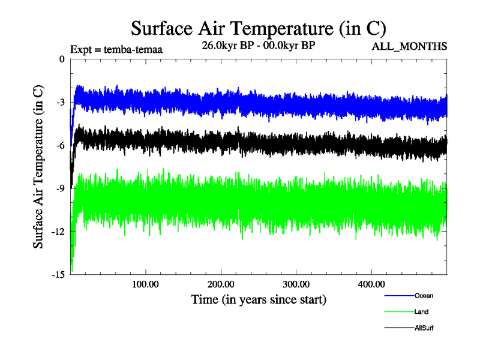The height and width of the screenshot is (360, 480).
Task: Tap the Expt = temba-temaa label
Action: click(116, 50)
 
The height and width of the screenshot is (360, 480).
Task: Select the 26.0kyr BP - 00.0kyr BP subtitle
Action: click(259, 46)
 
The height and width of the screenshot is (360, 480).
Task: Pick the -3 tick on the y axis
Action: click(59, 102)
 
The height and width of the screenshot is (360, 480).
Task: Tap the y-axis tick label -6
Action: click(59, 145)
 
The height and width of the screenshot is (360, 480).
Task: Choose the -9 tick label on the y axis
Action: click(59, 188)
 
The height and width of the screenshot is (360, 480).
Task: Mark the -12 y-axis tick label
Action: click(58, 232)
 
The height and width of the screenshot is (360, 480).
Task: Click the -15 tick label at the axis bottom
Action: click(58, 275)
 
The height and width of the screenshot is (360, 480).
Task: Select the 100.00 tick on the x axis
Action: click(145, 284)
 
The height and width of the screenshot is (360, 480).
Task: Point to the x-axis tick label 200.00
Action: click(221, 284)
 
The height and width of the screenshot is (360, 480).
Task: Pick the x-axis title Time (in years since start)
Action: click(259, 298)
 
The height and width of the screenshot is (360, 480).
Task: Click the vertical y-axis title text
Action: click(38, 167)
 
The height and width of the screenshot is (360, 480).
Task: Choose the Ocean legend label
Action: click(423, 295)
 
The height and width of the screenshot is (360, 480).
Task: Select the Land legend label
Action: click(421, 311)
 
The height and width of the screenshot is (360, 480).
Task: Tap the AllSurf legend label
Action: click(424, 328)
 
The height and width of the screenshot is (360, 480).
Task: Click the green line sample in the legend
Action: click(398, 311)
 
